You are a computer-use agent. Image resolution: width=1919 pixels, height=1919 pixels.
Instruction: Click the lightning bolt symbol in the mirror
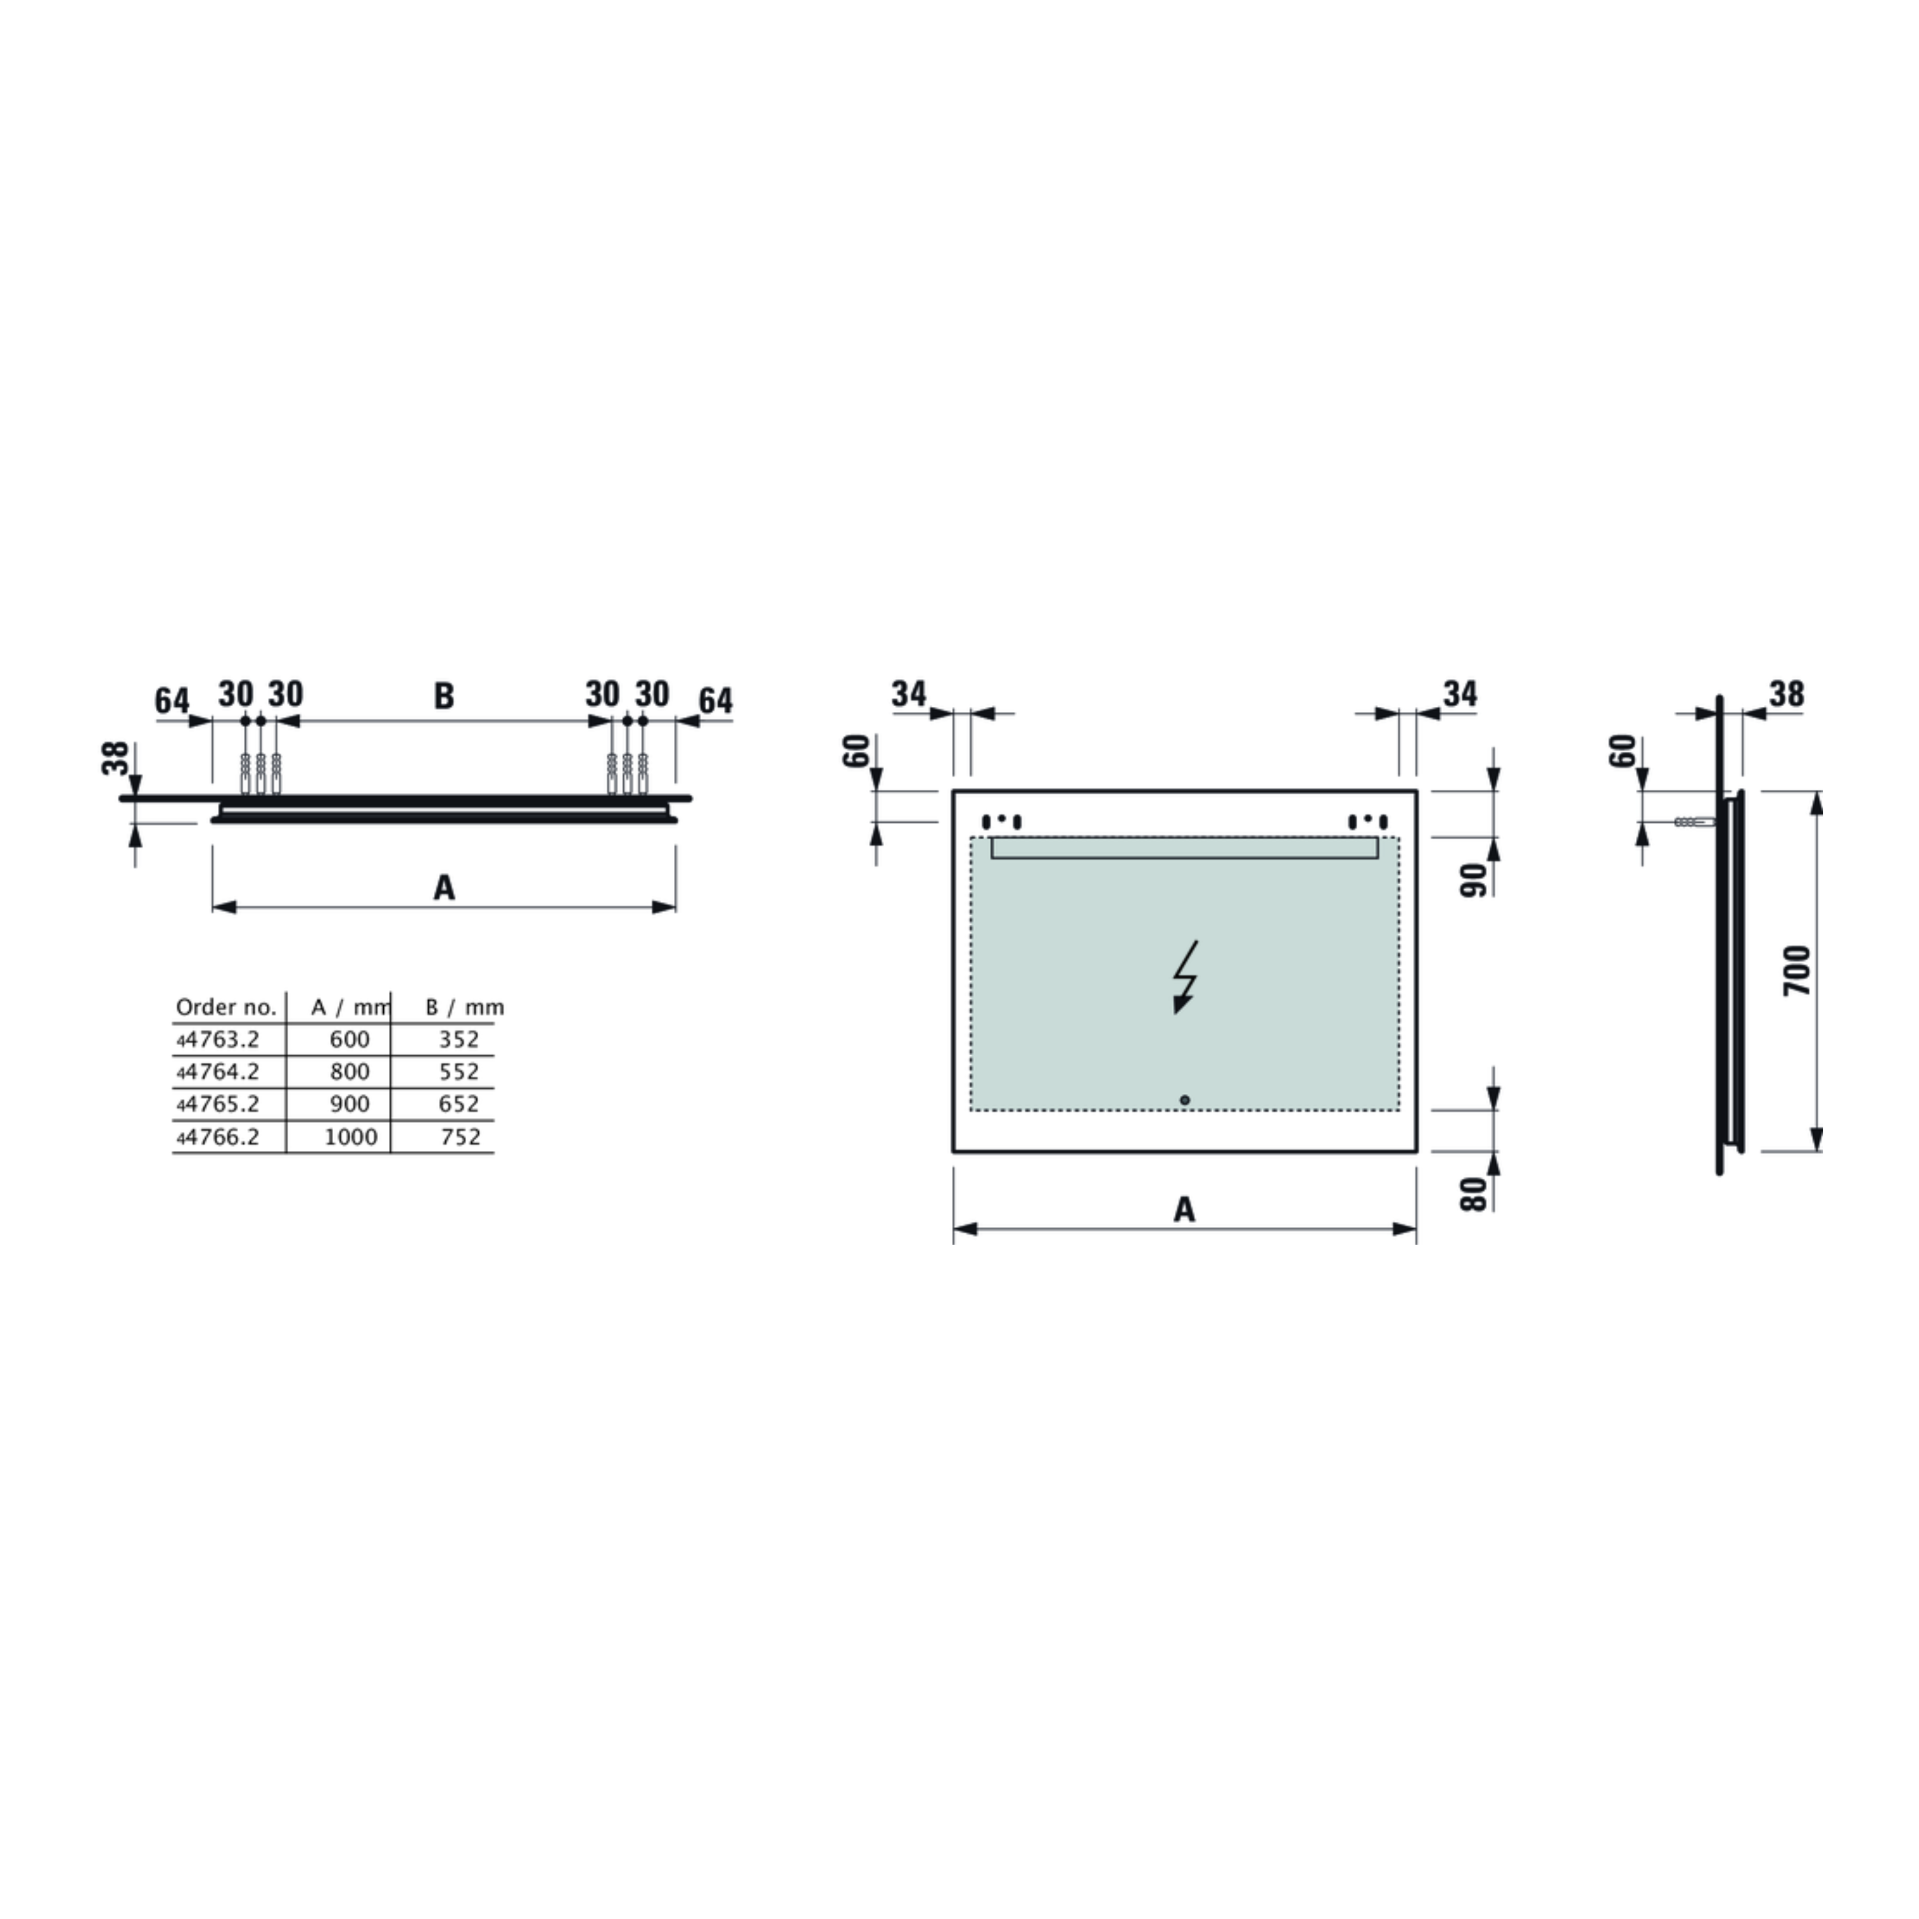[1185, 976]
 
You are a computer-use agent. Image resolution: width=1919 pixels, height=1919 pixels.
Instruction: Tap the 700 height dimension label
[1797, 971]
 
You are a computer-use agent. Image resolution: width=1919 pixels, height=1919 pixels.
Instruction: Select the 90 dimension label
[1474, 880]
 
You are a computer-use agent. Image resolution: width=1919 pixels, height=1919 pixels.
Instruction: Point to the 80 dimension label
[1474, 1193]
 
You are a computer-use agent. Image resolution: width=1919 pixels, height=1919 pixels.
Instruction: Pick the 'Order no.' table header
[226, 1007]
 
